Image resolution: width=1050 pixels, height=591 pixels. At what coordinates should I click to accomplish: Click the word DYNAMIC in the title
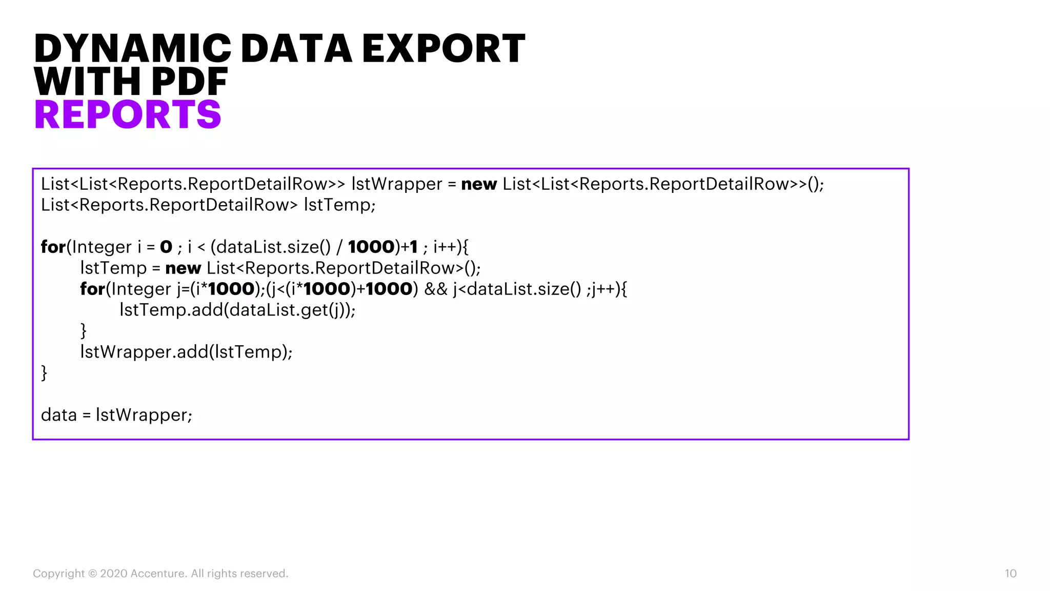coord(132,49)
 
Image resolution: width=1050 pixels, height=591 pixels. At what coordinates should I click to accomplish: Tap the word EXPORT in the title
coord(443,49)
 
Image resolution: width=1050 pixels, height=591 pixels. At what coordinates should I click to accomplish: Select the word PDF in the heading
coord(189,82)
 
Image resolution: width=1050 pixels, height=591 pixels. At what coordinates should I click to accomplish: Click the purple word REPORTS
coord(128,114)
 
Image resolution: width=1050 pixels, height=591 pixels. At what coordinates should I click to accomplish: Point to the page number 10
coord(1010,574)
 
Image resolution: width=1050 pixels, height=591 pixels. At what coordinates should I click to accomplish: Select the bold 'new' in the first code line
coord(479,184)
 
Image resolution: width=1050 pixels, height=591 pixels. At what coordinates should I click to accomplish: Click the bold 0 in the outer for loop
coord(166,247)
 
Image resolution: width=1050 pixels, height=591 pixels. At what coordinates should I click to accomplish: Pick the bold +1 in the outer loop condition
coord(409,247)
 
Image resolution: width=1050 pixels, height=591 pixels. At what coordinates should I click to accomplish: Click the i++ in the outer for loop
coord(445,247)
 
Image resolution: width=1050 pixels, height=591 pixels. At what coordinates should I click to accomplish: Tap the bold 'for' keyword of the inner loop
coord(92,289)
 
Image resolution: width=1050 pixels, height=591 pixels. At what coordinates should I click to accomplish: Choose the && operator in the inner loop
coord(436,289)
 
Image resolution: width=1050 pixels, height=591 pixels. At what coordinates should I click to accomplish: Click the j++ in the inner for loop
coord(602,289)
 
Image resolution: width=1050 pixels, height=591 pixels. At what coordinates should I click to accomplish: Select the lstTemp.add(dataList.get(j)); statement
coord(237,310)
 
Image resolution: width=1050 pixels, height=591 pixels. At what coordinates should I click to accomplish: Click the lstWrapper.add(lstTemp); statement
coord(186,352)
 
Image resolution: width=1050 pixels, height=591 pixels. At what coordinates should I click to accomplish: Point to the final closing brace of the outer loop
coord(44,373)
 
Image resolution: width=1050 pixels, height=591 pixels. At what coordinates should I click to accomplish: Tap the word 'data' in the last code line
coord(58,415)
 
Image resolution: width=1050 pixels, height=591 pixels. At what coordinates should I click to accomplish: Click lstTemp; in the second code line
coord(339,205)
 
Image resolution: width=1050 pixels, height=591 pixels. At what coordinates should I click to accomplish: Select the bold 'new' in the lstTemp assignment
coord(183,268)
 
